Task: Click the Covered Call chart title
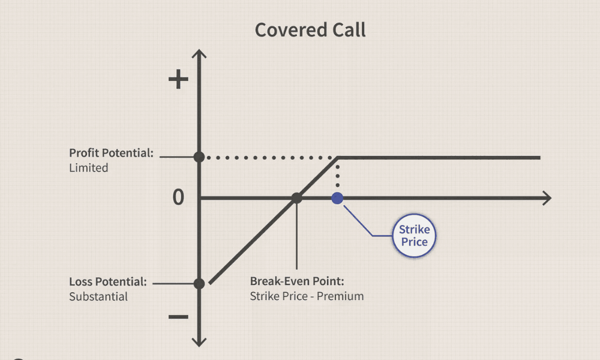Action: pos(310,30)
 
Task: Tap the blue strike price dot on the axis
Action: pos(337,198)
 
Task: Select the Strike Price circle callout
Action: pos(414,236)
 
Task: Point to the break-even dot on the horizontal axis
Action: pos(296,198)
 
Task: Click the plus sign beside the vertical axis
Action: pos(178,80)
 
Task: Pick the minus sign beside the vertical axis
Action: pos(178,316)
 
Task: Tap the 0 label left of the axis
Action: pos(178,197)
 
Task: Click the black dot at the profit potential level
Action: pos(200,157)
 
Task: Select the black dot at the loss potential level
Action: pos(200,283)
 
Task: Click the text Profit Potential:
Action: pos(112,153)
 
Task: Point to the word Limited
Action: pos(89,168)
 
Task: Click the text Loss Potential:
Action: pos(108,281)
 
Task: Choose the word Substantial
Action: pos(98,296)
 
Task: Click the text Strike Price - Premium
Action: pos(307,296)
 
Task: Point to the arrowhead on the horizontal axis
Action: pos(547,198)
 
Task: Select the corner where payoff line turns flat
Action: pos(338,157)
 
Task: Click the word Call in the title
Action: pos(346,30)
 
